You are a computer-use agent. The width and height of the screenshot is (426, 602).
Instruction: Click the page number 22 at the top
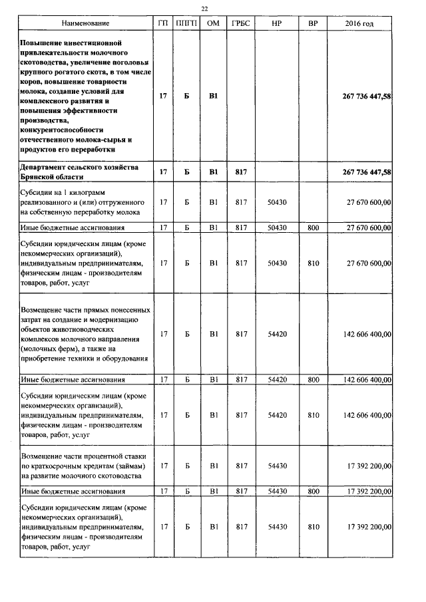(x=204, y=9)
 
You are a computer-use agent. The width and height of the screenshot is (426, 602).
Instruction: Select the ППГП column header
(x=186, y=24)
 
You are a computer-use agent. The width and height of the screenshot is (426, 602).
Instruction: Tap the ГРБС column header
(x=240, y=24)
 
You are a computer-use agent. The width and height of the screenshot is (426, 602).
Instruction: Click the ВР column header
(x=313, y=24)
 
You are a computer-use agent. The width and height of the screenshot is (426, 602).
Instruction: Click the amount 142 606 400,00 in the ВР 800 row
(x=367, y=380)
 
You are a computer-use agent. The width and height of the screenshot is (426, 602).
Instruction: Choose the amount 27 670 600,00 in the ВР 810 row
(x=368, y=263)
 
